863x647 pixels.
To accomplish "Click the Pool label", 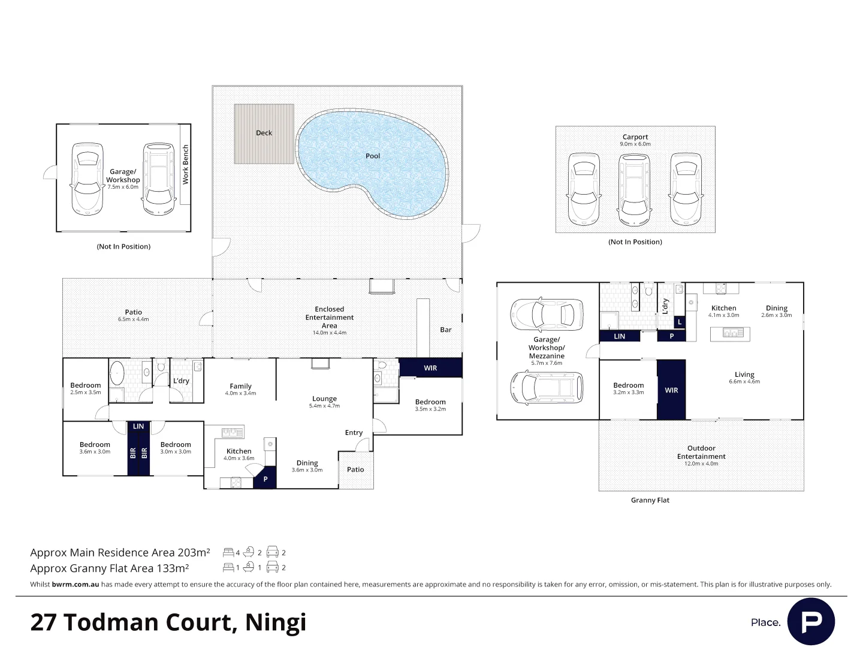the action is pos(373,156).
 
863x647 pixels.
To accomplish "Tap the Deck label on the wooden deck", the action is pos(264,133).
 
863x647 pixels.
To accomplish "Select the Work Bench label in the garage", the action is pos(186,165).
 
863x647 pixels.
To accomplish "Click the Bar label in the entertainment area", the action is pos(445,329).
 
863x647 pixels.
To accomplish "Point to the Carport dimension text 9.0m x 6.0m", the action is pos(635,144).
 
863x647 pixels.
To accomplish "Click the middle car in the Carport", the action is pos(634,190).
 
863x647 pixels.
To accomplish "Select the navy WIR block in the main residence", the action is pos(430,368).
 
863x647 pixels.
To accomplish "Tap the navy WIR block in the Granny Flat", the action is pos(671,389).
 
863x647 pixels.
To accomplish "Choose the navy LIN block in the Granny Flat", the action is pos(619,336).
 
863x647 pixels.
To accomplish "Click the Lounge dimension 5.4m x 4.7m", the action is pos(324,406).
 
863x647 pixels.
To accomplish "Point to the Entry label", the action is pos(354,433).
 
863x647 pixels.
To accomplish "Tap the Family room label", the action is pos(240,386).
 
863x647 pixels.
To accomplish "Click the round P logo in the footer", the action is pos(811,621).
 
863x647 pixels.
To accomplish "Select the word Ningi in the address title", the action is pos(275,622).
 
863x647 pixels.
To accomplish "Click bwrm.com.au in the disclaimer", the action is pos(76,584).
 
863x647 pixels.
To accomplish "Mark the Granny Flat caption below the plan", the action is pos(650,500).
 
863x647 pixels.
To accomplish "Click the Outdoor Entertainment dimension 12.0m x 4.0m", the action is pos(701,464).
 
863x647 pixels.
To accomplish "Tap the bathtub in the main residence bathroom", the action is pos(117,373).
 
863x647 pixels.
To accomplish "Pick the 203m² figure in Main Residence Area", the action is pos(194,552).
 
